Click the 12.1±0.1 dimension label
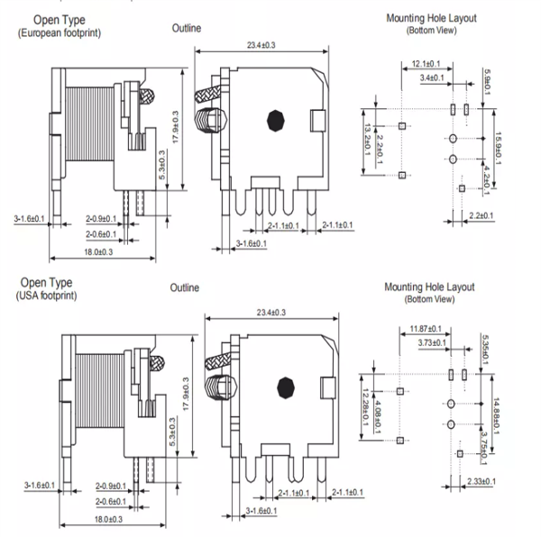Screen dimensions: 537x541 pyautogui.click(x=426, y=63)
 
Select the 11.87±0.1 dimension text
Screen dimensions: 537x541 pyautogui.click(x=424, y=329)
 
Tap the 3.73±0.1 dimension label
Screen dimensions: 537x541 pyautogui.click(x=434, y=343)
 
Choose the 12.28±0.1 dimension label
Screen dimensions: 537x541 pyautogui.click(x=366, y=405)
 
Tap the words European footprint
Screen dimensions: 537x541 pyautogui.click(x=60, y=32)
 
